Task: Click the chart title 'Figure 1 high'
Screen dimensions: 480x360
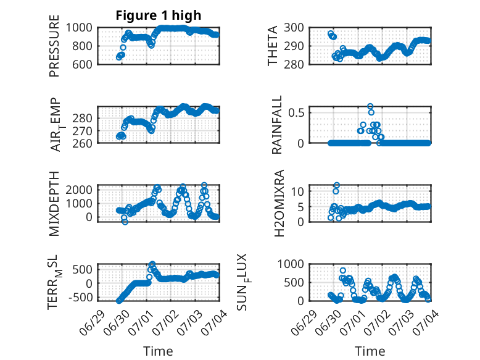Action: tap(159, 15)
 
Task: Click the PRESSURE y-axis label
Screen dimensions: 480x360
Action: tap(54, 46)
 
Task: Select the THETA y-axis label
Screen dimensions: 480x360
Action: tap(272, 46)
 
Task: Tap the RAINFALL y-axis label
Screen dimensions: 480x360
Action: tap(276, 125)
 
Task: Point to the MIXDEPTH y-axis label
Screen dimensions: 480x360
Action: tap(54, 204)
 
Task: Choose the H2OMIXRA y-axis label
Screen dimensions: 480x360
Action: tap(279, 203)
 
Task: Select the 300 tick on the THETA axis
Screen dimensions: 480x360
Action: tap(294, 28)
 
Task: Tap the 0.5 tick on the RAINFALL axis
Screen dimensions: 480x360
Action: tap(296, 112)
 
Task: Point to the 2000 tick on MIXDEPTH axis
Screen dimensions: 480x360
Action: tap(79, 190)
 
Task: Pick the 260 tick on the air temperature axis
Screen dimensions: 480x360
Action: tap(82, 143)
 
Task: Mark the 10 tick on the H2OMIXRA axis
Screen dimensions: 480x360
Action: tap(297, 191)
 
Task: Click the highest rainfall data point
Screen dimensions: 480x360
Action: tap(370, 107)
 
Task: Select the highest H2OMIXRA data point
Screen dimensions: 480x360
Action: tap(337, 185)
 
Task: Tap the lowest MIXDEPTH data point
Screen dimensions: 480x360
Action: tap(125, 222)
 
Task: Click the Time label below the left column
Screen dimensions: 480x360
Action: tap(158, 351)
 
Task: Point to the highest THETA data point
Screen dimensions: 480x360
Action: tap(331, 34)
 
